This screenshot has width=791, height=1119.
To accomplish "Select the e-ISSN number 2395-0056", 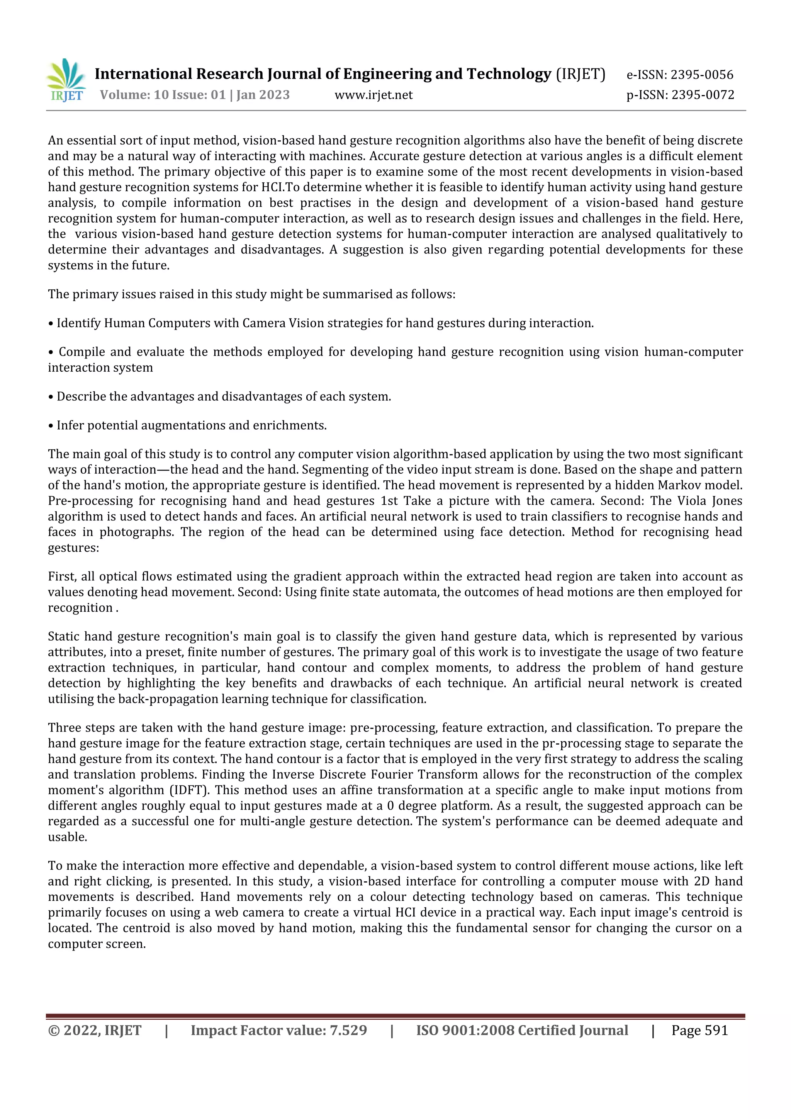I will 701,75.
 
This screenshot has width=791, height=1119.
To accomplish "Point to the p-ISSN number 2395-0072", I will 702,95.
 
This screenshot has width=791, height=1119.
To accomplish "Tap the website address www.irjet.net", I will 373,95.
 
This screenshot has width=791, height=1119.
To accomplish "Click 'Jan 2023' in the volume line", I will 263,95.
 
